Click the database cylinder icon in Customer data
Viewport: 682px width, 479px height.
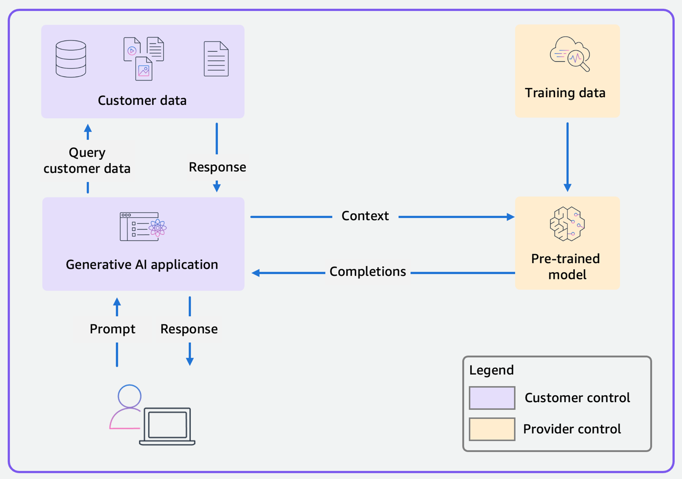pos(71,59)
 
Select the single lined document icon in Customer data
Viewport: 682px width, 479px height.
pos(216,59)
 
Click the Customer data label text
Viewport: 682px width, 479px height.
pos(142,101)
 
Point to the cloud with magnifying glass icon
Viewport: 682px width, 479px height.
pos(569,53)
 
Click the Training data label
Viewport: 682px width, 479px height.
pos(565,93)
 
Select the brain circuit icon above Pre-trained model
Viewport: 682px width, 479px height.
pos(567,224)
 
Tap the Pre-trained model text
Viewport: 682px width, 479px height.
pos(566,266)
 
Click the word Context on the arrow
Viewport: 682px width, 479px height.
pos(365,216)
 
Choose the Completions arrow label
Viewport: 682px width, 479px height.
pos(368,272)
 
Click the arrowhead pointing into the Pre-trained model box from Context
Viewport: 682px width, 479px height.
pos(510,217)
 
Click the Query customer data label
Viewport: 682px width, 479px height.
pos(87,161)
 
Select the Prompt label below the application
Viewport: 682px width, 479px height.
pos(113,329)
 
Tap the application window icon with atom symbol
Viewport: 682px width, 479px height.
pos(143,227)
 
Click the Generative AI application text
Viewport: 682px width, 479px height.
pos(142,265)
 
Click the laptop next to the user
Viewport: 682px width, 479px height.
pos(167,426)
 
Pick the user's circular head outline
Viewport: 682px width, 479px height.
pos(130,396)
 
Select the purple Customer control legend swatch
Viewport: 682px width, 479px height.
pos(492,398)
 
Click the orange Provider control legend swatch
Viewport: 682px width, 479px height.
pos(492,429)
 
